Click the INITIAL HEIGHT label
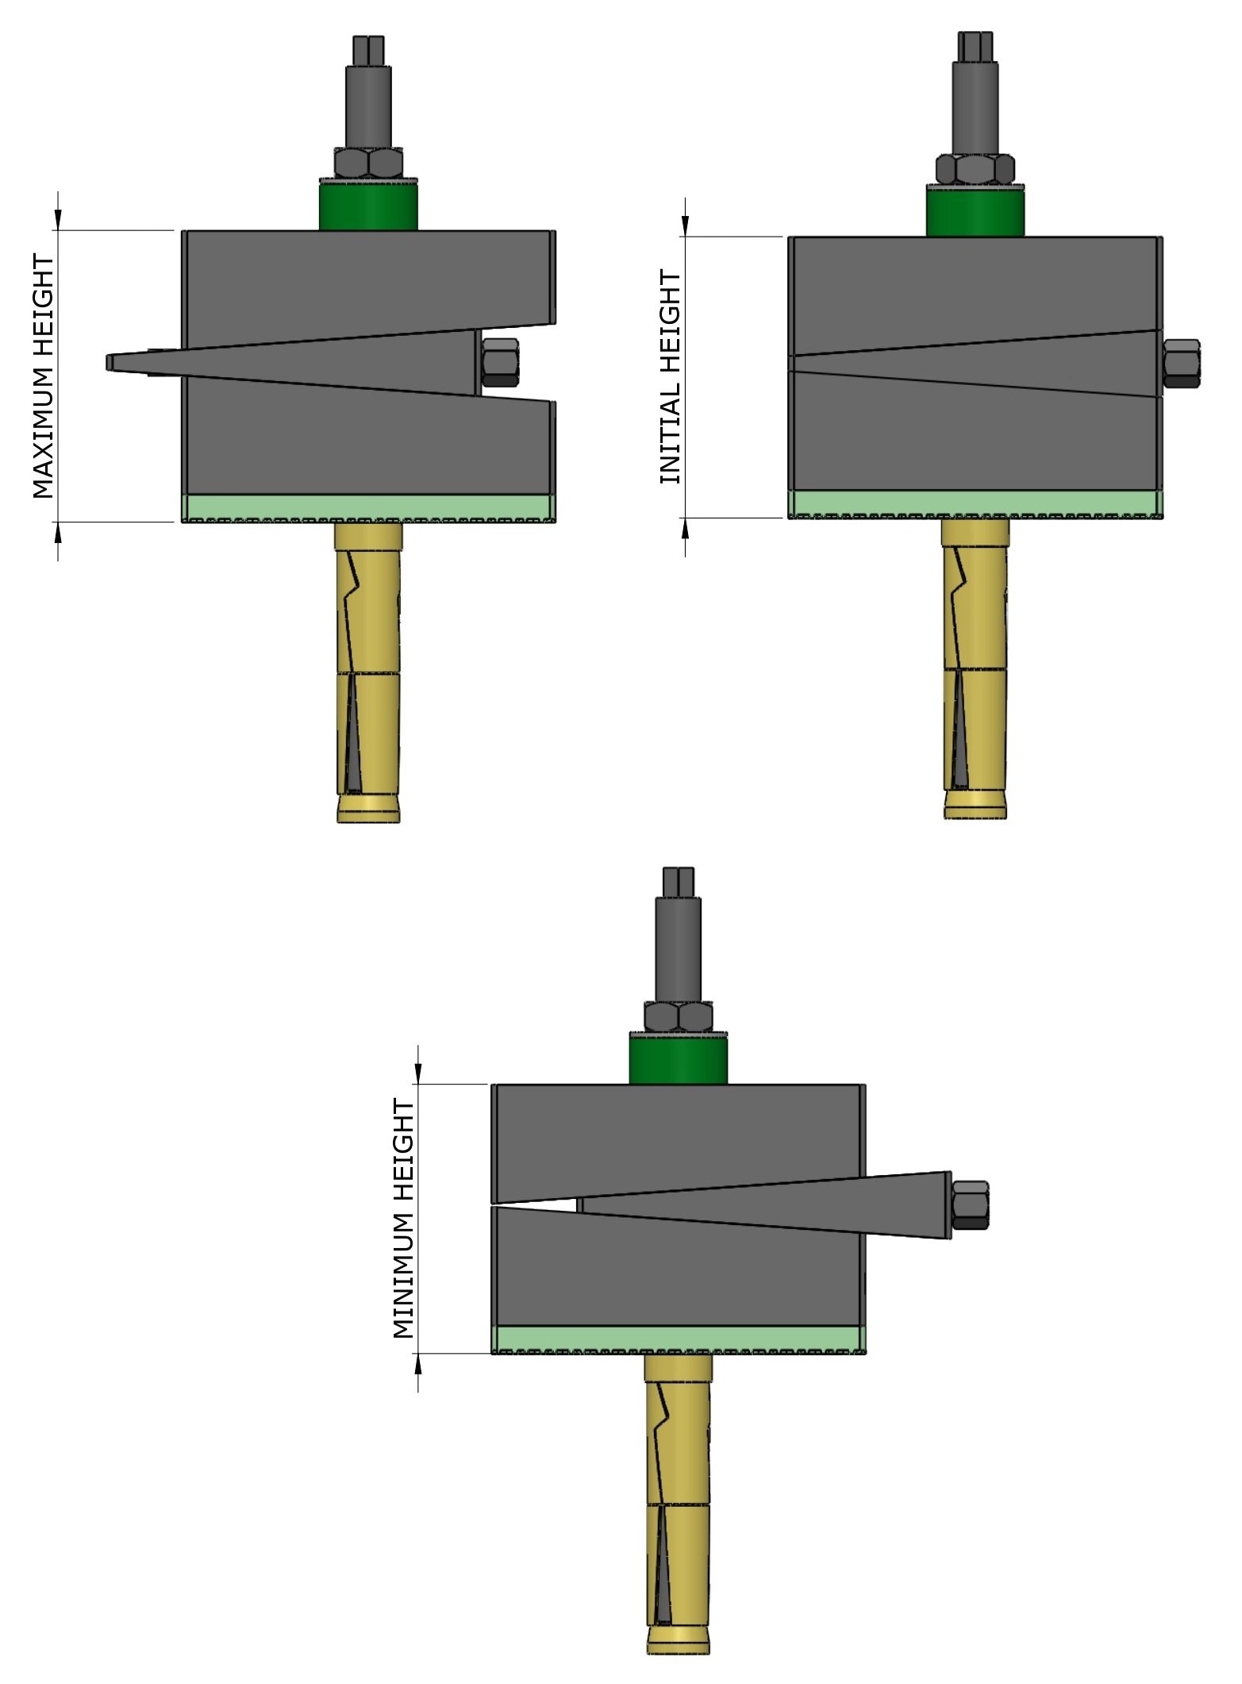pos(671,377)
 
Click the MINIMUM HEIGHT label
pos(404,1219)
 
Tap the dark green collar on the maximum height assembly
pos(368,206)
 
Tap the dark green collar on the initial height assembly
pos(975,211)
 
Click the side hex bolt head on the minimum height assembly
pos(970,1204)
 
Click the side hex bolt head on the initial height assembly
pos(1182,363)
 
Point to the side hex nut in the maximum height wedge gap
pos(500,363)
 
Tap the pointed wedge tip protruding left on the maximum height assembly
pos(115,362)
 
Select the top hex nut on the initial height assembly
pos(975,168)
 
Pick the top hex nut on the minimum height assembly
pos(678,1017)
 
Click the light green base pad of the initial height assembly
pos(975,503)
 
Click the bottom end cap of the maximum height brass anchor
pos(368,811)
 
